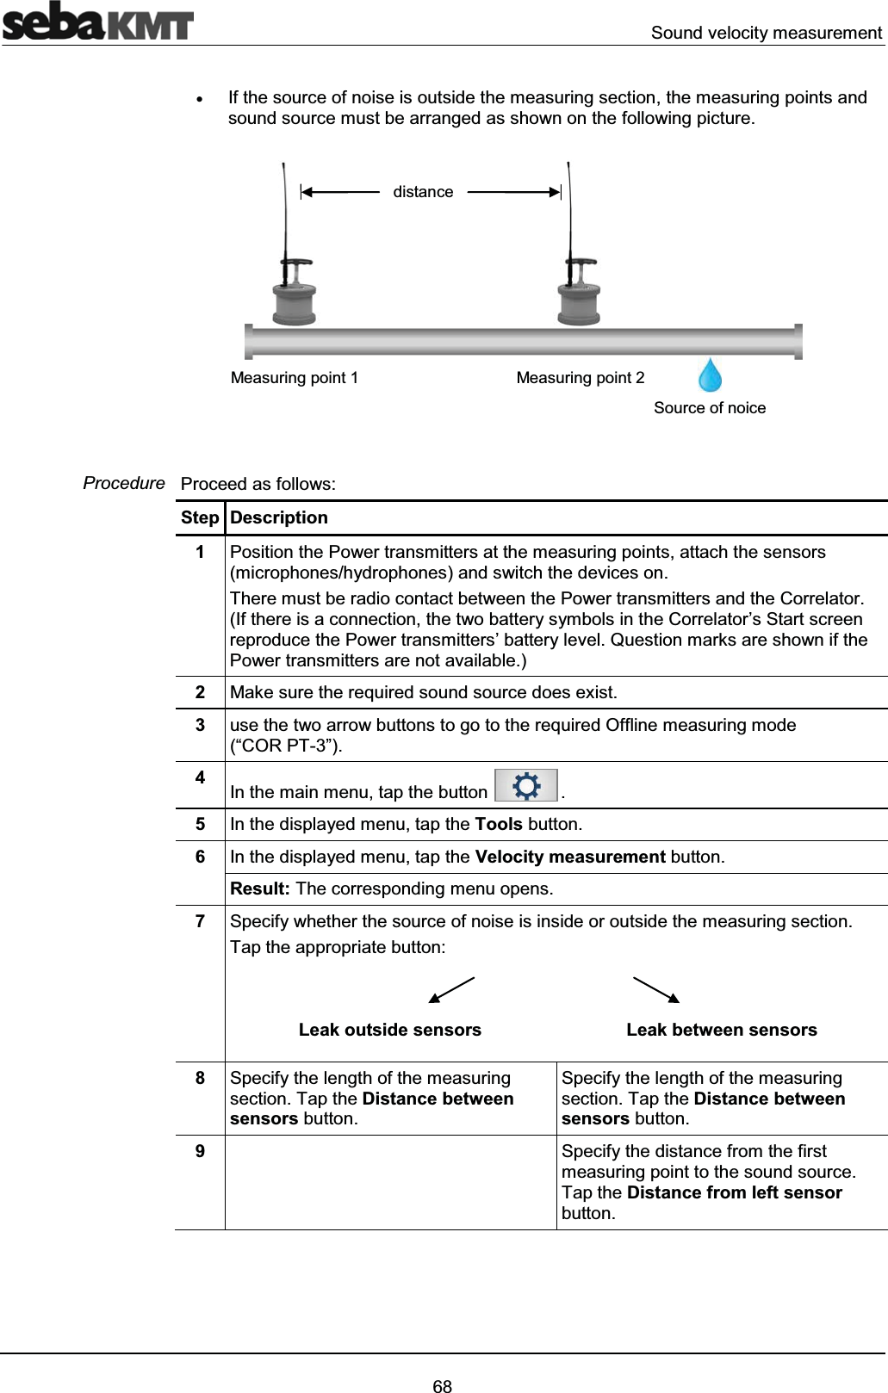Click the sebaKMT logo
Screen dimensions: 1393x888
click(97, 22)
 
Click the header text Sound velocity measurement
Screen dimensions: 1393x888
click(766, 33)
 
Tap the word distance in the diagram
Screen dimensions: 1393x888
click(423, 192)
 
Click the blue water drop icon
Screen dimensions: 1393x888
click(710, 375)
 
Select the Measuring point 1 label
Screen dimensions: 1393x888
click(295, 378)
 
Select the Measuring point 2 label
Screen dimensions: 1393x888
click(580, 378)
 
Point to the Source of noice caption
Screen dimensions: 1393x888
click(709, 408)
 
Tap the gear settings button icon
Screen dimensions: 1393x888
click(526, 786)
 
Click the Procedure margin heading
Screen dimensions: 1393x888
click(124, 483)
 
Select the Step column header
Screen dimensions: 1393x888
click(200, 517)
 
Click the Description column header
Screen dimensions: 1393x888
click(279, 517)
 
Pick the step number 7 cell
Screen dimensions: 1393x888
click(200, 921)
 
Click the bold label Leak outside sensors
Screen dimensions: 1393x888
click(389, 1030)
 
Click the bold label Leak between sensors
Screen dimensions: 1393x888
click(721, 1030)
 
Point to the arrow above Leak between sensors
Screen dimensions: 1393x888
click(656, 990)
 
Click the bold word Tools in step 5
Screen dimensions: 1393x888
click(499, 824)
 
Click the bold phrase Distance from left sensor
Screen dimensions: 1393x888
click(734, 1192)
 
